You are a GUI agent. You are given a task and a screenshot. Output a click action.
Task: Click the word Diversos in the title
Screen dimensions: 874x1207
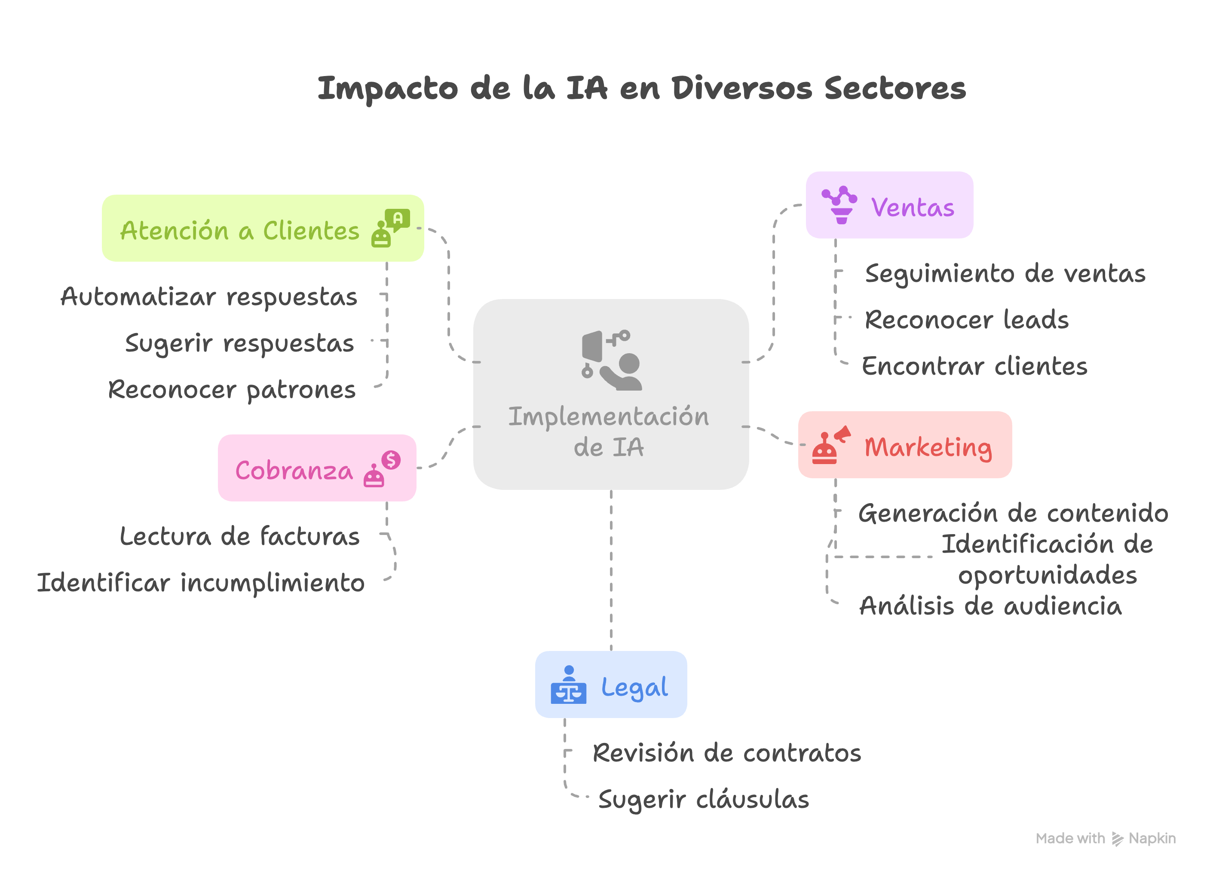point(742,89)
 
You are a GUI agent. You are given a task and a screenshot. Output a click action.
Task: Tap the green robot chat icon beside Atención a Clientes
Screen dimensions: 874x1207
point(390,228)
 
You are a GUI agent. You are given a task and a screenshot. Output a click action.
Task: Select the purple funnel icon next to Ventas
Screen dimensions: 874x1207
point(839,205)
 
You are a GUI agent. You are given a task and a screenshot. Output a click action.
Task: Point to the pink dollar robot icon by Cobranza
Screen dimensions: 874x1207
point(382,469)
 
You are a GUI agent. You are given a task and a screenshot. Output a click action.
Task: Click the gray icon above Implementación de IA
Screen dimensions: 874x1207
point(612,360)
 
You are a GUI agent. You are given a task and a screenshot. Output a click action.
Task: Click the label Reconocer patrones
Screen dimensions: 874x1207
point(232,390)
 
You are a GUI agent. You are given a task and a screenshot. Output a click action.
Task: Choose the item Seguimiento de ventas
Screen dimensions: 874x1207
point(1005,274)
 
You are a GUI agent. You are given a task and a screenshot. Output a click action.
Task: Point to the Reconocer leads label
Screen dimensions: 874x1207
point(966,320)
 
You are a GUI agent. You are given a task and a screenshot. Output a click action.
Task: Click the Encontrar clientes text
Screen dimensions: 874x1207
point(974,367)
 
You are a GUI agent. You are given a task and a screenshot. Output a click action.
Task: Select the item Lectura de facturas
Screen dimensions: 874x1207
point(239,537)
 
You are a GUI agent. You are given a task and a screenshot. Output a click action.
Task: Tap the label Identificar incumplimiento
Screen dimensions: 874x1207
point(201,583)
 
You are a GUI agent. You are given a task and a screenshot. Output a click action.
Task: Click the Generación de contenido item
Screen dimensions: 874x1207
point(1013,513)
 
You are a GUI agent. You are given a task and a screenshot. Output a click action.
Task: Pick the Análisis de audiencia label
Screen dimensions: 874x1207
point(990,606)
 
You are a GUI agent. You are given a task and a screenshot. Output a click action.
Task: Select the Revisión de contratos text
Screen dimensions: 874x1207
point(726,753)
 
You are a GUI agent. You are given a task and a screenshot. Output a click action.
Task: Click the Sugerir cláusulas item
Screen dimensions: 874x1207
point(703,800)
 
